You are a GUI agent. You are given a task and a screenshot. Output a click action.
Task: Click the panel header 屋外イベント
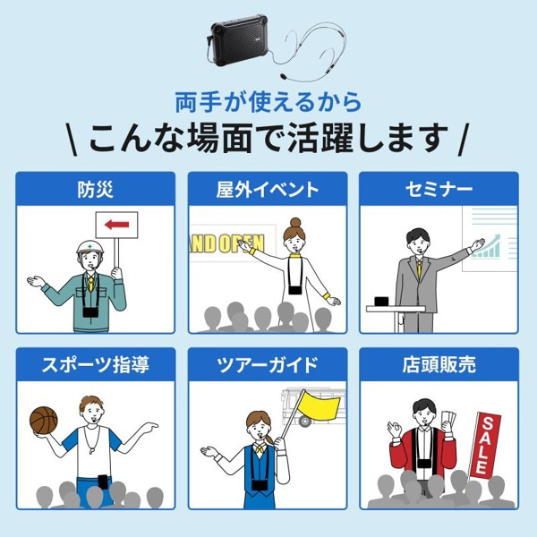(268, 190)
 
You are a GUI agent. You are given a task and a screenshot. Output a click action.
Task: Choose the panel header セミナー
(439, 190)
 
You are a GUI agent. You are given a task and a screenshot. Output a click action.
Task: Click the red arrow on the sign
(116, 225)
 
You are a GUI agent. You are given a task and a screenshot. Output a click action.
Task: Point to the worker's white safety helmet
(87, 247)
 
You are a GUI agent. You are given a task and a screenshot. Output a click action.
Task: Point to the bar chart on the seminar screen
(487, 245)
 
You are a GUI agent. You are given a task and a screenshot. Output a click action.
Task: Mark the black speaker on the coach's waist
(96, 490)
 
